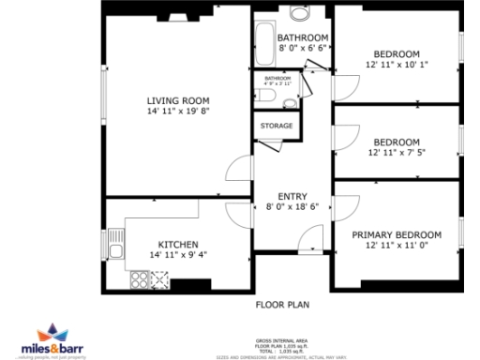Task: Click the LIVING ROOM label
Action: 177,100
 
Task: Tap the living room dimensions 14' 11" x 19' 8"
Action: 177,111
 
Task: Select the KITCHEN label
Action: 177,244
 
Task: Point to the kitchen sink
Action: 115,244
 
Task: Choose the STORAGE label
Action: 277,126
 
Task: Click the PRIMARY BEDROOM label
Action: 397,234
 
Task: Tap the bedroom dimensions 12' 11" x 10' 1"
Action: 397,65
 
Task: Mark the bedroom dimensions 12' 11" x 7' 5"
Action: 397,154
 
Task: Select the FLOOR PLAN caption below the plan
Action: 282,304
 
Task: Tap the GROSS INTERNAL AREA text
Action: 282,339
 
